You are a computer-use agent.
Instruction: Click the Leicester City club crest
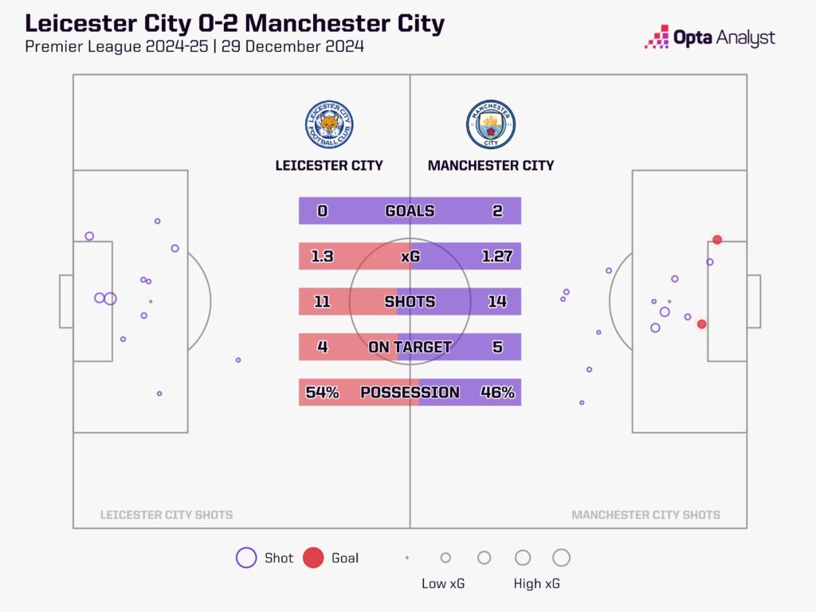click(x=329, y=124)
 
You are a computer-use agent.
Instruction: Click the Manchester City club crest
click(x=491, y=124)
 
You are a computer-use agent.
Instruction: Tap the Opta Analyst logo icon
click(x=657, y=37)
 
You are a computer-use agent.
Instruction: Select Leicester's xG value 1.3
click(x=322, y=257)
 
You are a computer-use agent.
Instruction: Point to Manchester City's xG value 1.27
click(x=497, y=257)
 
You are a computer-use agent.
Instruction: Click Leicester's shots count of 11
click(x=322, y=302)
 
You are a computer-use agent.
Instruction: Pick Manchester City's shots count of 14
click(x=497, y=302)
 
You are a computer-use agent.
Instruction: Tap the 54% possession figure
click(x=322, y=392)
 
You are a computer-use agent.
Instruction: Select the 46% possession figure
click(x=497, y=392)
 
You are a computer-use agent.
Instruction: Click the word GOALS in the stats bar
click(x=410, y=211)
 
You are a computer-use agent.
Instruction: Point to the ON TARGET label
click(x=410, y=347)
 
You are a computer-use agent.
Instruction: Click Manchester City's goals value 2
click(x=498, y=211)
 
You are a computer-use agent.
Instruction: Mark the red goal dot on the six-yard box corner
click(x=717, y=240)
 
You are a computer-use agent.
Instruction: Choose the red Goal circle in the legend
click(x=313, y=558)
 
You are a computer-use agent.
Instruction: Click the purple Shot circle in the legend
click(x=246, y=558)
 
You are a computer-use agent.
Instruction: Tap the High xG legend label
click(x=536, y=584)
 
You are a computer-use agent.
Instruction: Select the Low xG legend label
click(x=443, y=584)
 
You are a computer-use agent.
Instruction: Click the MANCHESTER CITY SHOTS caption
click(x=645, y=515)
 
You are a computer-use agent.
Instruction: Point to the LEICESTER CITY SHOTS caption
click(x=167, y=515)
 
